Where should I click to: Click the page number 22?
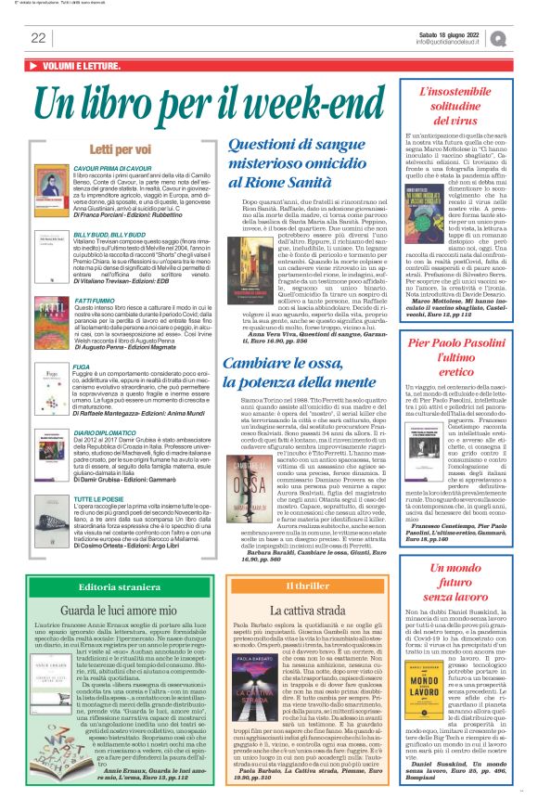[x=38, y=38]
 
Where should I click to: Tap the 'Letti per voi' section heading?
[x=114, y=149]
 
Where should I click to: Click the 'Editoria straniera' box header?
[x=115, y=563]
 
